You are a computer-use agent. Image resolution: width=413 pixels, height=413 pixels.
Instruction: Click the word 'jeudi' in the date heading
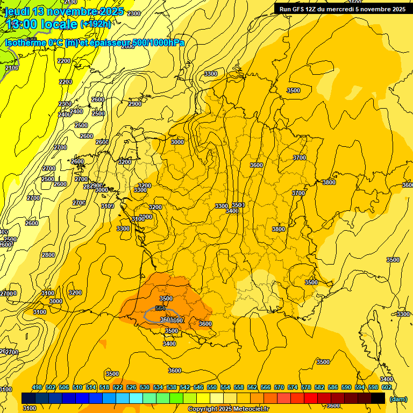click(x=18, y=11)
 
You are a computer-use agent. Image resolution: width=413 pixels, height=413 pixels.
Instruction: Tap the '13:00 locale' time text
click(x=41, y=24)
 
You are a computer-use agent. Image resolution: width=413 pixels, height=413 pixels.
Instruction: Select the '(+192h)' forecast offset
click(x=95, y=24)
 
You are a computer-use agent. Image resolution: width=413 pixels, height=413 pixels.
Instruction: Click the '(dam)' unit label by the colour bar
click(x=397, y=399)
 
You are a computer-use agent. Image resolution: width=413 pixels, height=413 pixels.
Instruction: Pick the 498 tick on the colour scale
click(x=37, y=387)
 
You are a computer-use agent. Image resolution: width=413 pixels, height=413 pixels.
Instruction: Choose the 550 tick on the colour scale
click(x=212, y=387)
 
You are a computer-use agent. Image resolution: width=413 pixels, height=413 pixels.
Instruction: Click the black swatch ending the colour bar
click(x=379, y=398)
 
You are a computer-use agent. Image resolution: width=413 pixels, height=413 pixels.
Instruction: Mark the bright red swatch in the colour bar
click(x=311, y=398)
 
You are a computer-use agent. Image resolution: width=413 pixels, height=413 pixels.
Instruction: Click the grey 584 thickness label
click(x=160, y=308)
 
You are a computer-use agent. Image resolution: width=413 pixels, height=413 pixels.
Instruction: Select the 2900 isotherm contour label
click(x=135, y=104)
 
